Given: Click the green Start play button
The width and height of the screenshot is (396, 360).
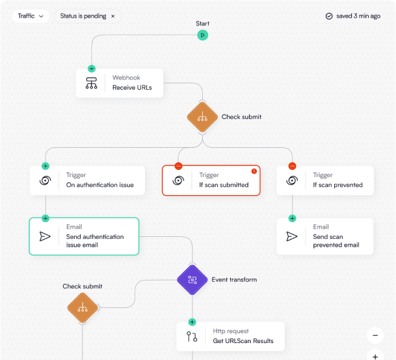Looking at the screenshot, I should [x=203, y=35].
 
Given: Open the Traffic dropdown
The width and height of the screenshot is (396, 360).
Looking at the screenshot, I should [x=31, y=16].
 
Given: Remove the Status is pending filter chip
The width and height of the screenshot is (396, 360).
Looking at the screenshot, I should [x=112, y=16].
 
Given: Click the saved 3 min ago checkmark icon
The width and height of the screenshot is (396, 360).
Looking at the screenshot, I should [x=329, y=16].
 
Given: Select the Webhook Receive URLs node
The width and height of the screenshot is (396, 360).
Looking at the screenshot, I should [x=119, y=83].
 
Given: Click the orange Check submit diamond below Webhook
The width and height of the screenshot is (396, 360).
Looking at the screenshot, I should [x=202, y=117].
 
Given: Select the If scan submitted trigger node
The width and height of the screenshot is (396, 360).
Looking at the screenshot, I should [x=211, y=180].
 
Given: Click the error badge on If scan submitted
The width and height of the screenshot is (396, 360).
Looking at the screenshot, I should [x=254, y=171].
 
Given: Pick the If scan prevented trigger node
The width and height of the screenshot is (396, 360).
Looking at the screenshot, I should [x=325, y=180].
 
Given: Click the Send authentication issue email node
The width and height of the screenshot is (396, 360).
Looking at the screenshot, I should [x=84, y=236].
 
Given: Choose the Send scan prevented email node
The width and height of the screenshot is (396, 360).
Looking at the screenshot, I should [x=325, y=236].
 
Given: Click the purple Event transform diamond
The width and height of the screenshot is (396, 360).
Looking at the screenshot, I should [x=192, y=280].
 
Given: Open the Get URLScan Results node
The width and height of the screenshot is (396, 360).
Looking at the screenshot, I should [x=231, y=336].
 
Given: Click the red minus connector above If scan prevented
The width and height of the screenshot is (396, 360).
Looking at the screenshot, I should [x=292, y=166].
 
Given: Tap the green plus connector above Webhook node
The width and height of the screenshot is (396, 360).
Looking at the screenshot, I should [x=91, y=68].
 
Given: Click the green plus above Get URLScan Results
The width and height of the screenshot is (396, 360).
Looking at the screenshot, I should [x=192, y=322].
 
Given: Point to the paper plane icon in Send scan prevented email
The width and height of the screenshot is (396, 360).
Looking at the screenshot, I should [x=292, y=236].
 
